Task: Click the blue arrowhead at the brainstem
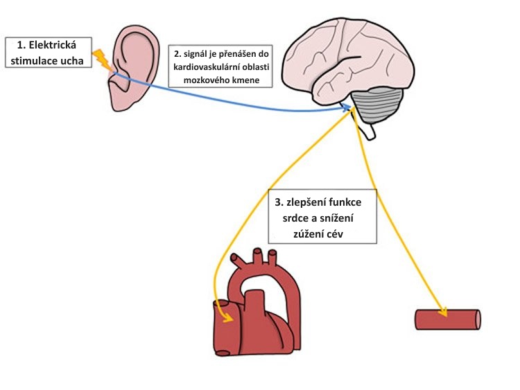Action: click(346, 107)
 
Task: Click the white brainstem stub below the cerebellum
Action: click(369, 131)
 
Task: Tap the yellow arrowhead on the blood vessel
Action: click(442, 312)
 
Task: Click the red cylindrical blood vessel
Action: click(448, 319)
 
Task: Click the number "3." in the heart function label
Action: click(279, 202)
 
